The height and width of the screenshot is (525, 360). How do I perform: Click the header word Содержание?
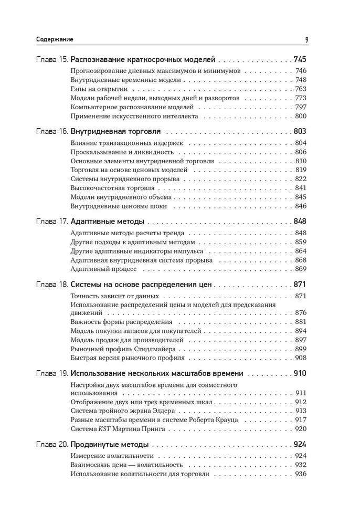[55, 39]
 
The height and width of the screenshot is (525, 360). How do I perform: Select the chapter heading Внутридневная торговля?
[115, 131]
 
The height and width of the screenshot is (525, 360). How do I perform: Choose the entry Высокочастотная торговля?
[112, 187]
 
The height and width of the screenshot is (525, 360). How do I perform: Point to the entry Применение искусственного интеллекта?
[134, 116]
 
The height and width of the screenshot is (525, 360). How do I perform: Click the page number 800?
[301, 116]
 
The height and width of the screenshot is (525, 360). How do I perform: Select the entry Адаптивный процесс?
[103, 269]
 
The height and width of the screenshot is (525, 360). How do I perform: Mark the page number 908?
[301, 358]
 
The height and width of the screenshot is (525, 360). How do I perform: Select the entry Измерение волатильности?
[112, 456]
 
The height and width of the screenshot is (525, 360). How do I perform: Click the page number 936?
[301, 474]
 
